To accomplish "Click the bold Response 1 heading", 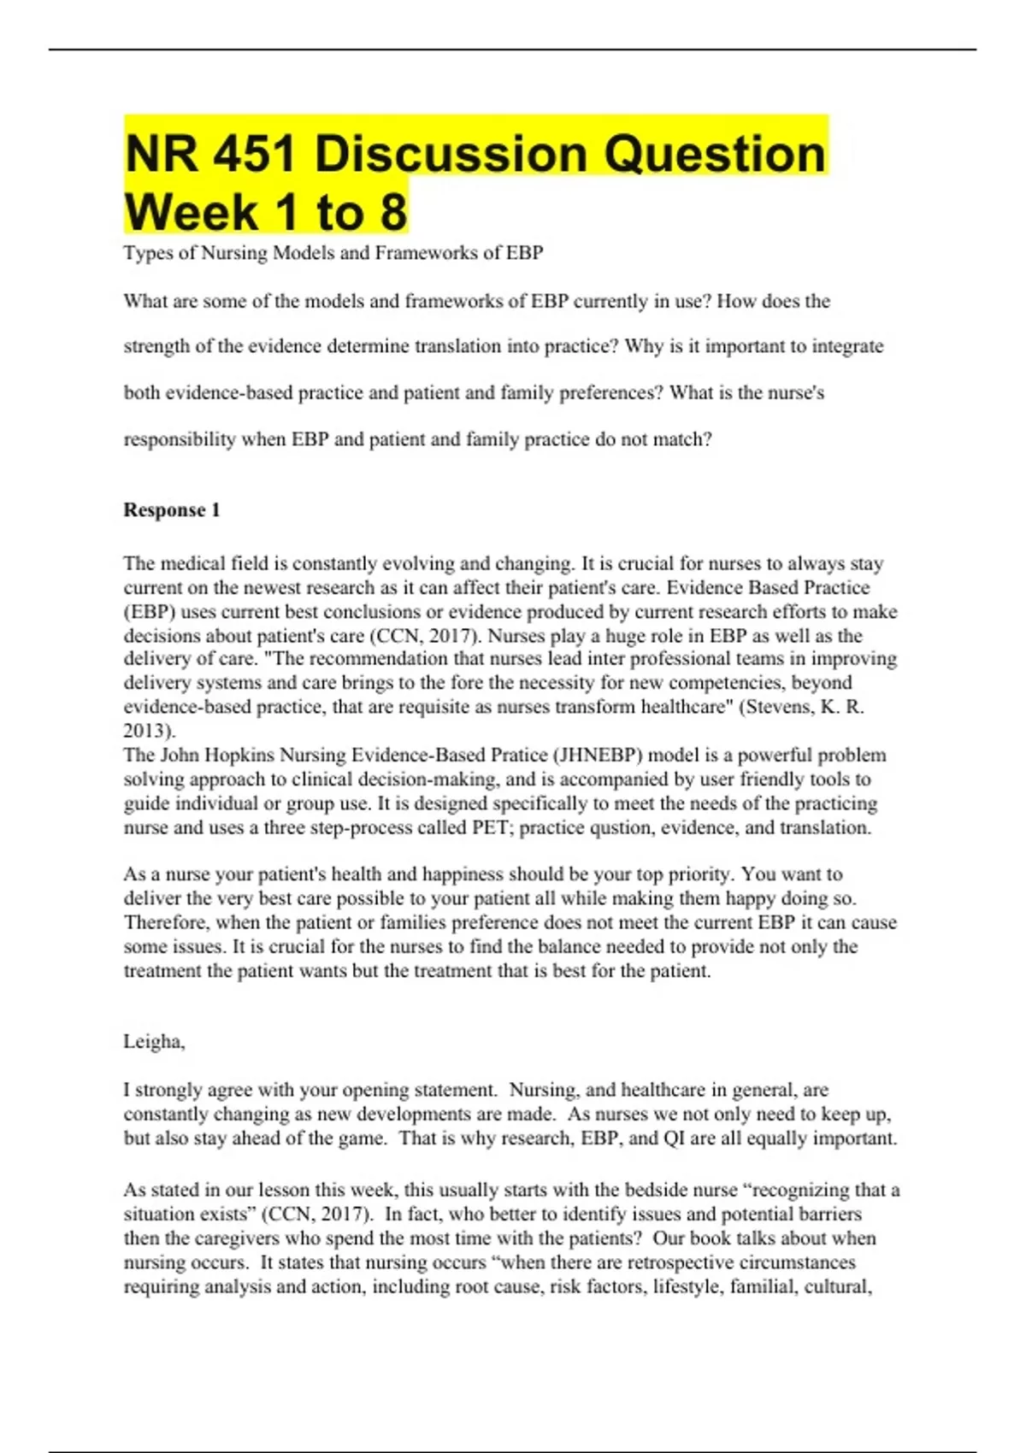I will pyautogui.click(x=172, y=510).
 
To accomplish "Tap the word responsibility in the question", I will pyautogui.click(x=180, y=439).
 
